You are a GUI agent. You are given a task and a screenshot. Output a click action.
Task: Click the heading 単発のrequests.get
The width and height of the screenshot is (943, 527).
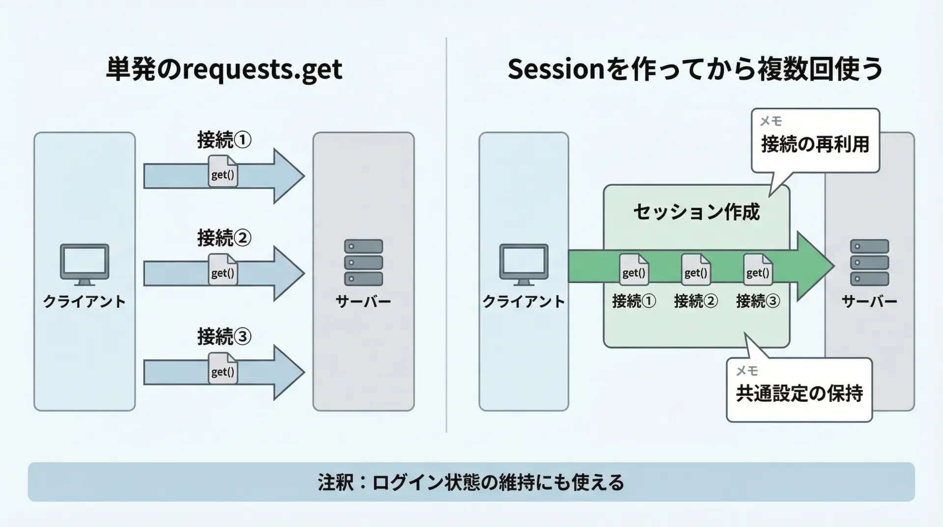pyautogui.click(x=224, y=69)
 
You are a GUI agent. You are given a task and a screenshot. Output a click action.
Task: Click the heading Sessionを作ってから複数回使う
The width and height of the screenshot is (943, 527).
pyautogui.click(x=695, y=69)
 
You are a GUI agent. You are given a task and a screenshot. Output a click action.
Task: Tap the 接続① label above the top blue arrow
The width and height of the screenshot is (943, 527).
pyautogui.click(x=224, y=140)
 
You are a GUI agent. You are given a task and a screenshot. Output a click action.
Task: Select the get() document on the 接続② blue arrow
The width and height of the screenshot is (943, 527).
pyautogui.click(x=223, y=269)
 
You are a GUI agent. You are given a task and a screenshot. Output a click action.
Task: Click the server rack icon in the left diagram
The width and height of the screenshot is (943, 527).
pyautogui.click(x=363, y=262)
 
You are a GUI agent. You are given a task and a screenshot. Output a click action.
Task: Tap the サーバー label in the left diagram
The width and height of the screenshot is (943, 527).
pyautogui.click(x=363, y=301)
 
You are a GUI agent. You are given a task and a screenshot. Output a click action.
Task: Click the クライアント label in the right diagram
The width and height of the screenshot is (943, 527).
pyautogui.click(x=524, y=301)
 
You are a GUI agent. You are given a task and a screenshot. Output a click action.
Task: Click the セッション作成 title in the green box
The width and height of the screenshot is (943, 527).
pyautogui.click(x=696, y=212)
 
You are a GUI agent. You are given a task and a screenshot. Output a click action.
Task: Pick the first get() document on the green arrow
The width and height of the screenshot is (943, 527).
pyautogui.click(x=634, y=269)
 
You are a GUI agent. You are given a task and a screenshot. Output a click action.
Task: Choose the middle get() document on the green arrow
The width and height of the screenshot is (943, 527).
pyautogui.click(x=696, y=269)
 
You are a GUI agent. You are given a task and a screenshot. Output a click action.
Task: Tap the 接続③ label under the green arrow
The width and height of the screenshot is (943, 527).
pyautogui.click(x=758, y=301)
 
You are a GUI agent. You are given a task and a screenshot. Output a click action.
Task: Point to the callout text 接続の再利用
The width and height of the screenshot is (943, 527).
pyautogui.click(x=815, y=145)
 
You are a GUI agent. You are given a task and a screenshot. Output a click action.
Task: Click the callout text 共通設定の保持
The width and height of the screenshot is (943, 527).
pyautogui.click(x=799, y=393)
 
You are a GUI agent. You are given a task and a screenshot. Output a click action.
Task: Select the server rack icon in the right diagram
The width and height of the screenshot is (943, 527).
pyautogui.click(x=869, y=262)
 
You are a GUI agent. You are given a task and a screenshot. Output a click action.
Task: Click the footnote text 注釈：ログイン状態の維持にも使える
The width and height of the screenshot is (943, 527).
pyautogui.click(x=471, y=482)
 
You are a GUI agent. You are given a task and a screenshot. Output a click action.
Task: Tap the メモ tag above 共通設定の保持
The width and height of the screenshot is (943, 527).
pyautogui.click(x=747, y=371)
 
